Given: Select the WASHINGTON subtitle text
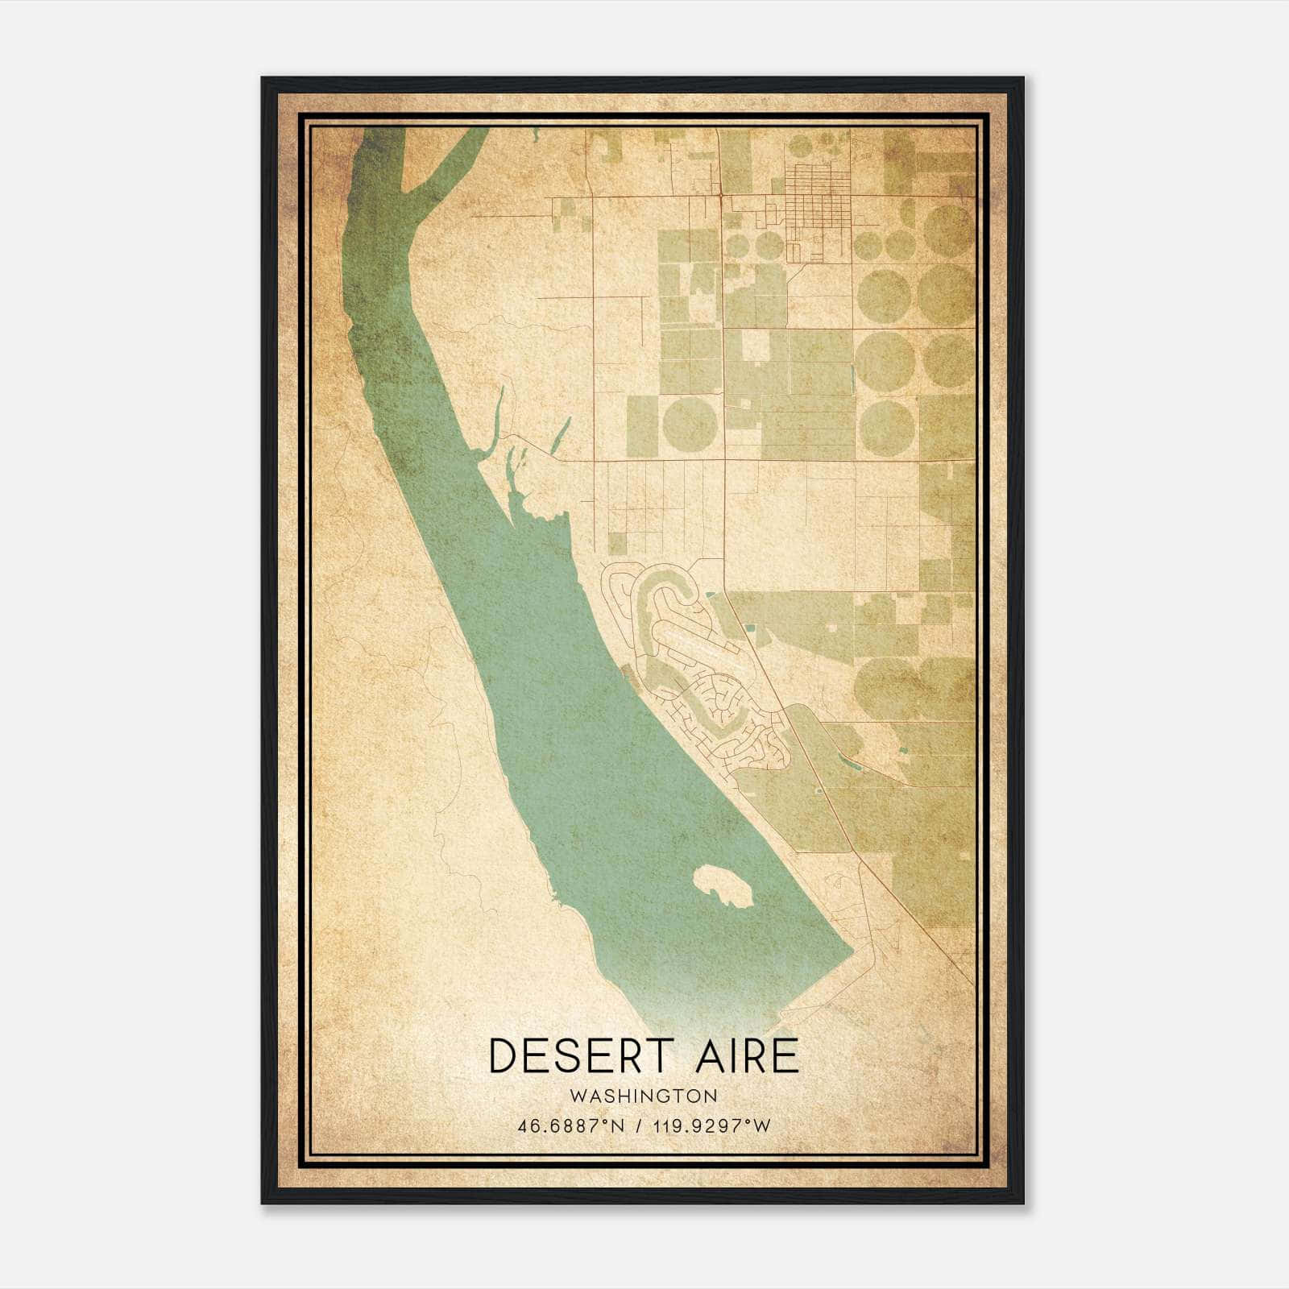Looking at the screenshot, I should [643, 1096].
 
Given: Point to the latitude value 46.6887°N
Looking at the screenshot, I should [571, 1125].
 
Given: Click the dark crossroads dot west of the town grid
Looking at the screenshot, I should [719, 195].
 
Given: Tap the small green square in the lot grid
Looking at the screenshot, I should [617, 543].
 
